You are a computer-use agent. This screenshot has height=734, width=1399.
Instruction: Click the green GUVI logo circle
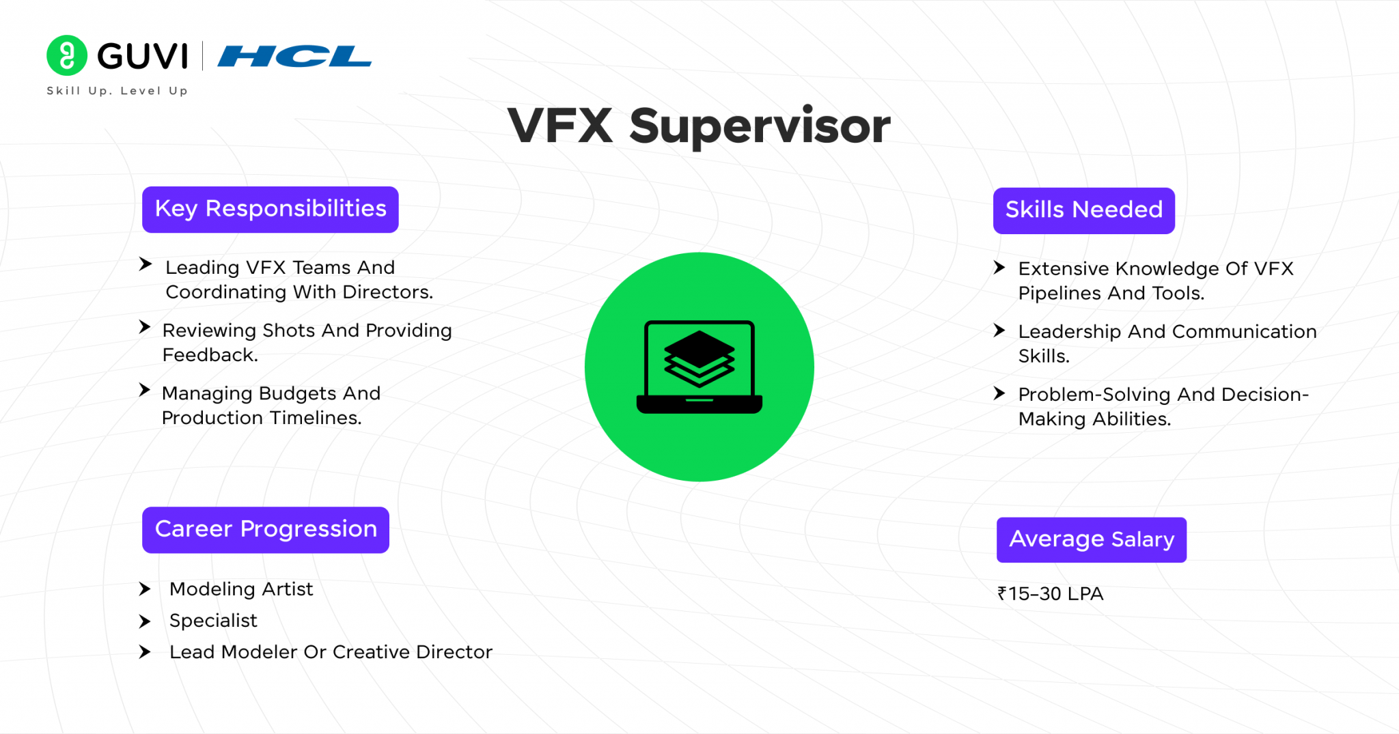(66, 55)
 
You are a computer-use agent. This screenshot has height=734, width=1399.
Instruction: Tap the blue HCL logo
(294, 56)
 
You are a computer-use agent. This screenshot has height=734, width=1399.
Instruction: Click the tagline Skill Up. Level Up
(117, 91)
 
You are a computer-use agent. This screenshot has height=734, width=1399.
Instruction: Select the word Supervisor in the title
(760, 126)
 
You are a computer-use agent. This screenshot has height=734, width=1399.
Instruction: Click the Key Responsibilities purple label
(271, 209)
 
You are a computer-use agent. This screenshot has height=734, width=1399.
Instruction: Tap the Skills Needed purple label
(1083, 210)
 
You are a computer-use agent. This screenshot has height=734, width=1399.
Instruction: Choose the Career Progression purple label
(266, 529)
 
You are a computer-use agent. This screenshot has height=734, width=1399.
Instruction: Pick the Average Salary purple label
(1091, 539)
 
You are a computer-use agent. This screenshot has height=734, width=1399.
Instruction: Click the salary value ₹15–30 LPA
(1050, 594)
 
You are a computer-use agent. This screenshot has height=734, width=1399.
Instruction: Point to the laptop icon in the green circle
(699, 367)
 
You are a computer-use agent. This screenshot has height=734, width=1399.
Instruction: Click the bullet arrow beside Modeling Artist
(144, 589)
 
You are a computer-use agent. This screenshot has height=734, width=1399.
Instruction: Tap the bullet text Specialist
(213, 621)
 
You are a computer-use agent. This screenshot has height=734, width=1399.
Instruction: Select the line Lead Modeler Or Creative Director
(331, 652)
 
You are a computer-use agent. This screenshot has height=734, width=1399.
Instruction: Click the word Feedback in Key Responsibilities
(209, 355)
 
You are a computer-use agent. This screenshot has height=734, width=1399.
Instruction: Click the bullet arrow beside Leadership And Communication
(999, 331)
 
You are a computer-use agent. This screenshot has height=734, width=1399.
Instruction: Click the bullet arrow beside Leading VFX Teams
(145, 264)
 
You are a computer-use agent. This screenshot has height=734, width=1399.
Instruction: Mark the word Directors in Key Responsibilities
(387, 292)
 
